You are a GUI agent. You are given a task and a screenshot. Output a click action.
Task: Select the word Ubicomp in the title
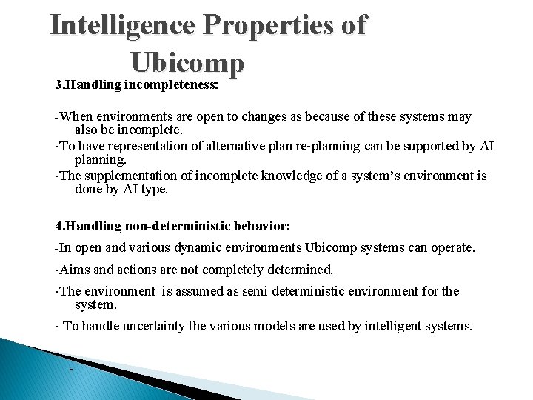point(187,63)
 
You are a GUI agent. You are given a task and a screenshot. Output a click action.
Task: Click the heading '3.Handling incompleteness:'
point(137,85)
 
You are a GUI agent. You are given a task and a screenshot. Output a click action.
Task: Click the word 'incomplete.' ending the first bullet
point(140,130)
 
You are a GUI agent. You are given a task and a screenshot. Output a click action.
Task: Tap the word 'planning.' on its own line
point(101,159)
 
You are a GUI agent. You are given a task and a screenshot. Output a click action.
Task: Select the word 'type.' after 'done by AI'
point(154,189)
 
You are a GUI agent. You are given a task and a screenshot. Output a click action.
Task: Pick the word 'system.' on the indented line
point(97,304)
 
